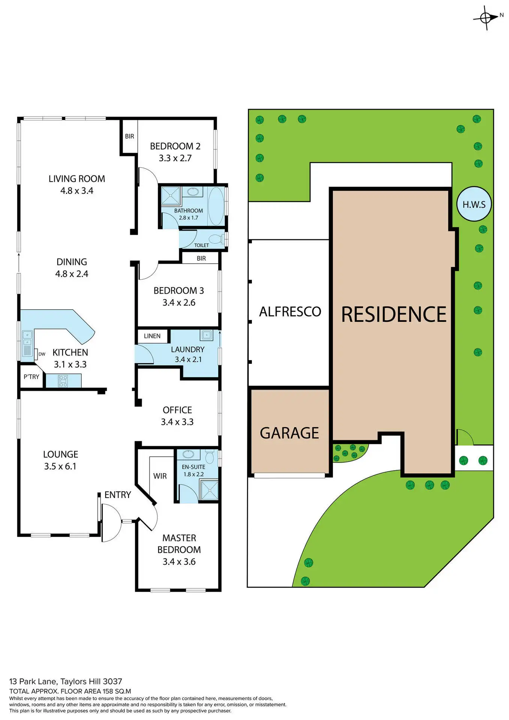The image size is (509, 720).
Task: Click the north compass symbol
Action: (486, 18)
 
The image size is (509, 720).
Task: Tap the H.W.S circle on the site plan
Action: (474, 204)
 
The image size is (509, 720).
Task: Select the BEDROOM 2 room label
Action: (175, 146)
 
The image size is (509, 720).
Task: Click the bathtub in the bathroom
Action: (216, 206)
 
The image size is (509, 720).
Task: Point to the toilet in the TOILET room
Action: (215, 239)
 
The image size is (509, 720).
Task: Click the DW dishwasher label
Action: (42, 354)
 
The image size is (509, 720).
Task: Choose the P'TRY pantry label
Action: (31, 377)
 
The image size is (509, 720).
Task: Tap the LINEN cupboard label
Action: (152, 336)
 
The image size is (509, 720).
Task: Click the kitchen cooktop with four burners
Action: (63, 381)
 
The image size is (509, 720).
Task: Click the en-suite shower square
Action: (210, 490)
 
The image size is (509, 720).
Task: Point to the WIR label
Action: (160, 476)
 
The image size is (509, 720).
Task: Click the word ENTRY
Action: (118, 495)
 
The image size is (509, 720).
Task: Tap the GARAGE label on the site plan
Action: (289, 433)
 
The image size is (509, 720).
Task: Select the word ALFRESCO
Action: (290, 312)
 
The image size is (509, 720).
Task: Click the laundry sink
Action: (206, 335)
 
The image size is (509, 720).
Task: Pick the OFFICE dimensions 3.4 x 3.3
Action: (177, 422)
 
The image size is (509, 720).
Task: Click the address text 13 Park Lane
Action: (33, 681)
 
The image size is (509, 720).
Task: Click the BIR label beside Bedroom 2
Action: (130, 136)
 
